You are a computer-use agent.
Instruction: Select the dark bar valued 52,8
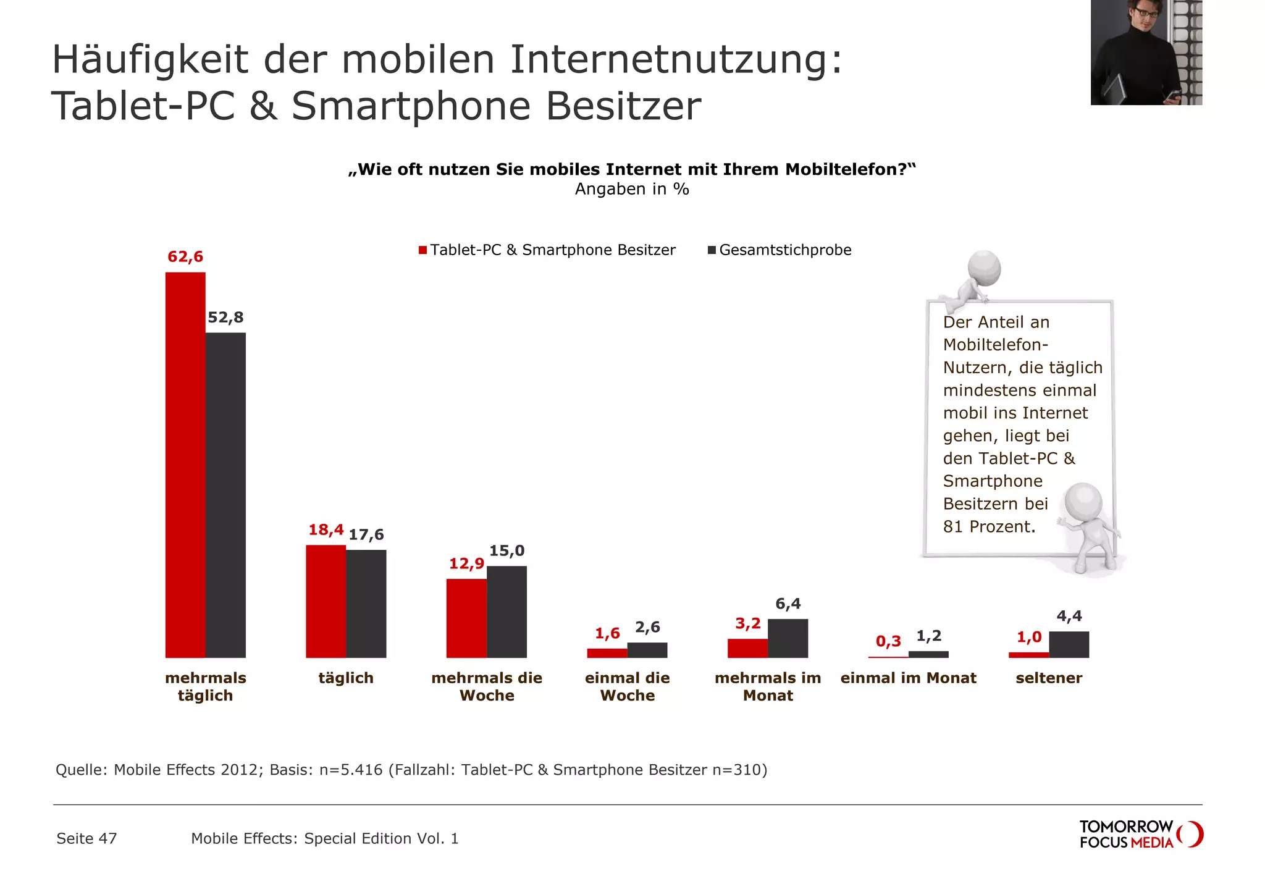pos(225,495)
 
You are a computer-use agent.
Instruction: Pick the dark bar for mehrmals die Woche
pos(506,612)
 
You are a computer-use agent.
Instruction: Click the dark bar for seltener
pos(1069,644)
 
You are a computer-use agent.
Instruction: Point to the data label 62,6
pos(185,256)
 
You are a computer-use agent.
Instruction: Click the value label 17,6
pos(366,534)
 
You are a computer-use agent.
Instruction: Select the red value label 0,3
pos(888,641)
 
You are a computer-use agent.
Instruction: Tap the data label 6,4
pos(788,604)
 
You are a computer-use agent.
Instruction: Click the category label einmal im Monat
pos(908,678)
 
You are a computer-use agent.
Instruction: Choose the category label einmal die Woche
pos(627,686)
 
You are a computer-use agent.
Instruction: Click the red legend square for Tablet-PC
pos(422,250)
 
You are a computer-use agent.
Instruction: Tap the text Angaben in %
pos(631,189)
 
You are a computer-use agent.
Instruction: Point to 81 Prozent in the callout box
pos(988,526)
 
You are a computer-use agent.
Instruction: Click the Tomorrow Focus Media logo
pos(1140,834)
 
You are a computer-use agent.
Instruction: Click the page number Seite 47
pos(86,838)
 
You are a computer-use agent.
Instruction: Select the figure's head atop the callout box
pos(984,267)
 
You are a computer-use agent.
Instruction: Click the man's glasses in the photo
pos(1146,12)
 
